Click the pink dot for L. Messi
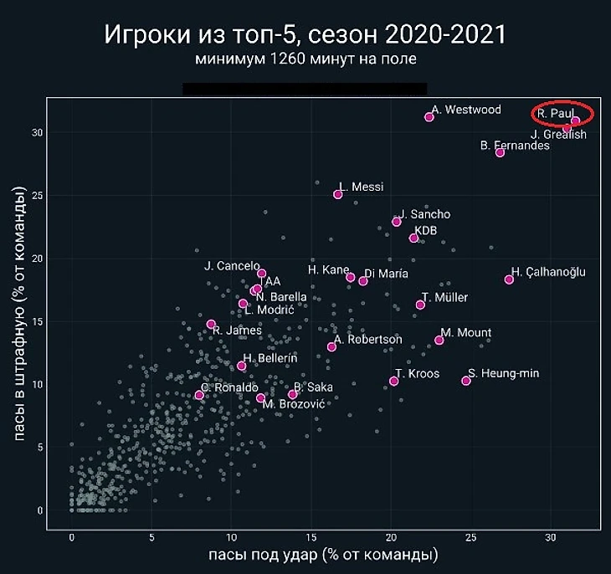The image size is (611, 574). [x=338, y=194]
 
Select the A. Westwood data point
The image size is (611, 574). [x=429, y=117]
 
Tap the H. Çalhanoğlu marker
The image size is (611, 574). [x=509, y=279]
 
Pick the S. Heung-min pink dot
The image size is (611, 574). [x=466, y=381]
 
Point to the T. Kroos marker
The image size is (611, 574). [x=393, y=381]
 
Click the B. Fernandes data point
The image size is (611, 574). [x=500, y=152]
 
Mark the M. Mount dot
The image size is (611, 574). [x=439, y=340]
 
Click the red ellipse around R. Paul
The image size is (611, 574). [x=562, y=113]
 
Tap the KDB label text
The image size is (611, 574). [x=426, y=230]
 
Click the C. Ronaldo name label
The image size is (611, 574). [x=228, y=387]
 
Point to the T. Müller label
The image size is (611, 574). [x=445, y=298]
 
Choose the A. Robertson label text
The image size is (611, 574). [x=368, y=340]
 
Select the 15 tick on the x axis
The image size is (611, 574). [x=311, y=536]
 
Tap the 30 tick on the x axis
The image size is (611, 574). [x=551, y=536]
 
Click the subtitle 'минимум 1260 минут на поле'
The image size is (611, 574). [x=305, y=59]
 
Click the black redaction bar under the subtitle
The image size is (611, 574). [x=305, y=89]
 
